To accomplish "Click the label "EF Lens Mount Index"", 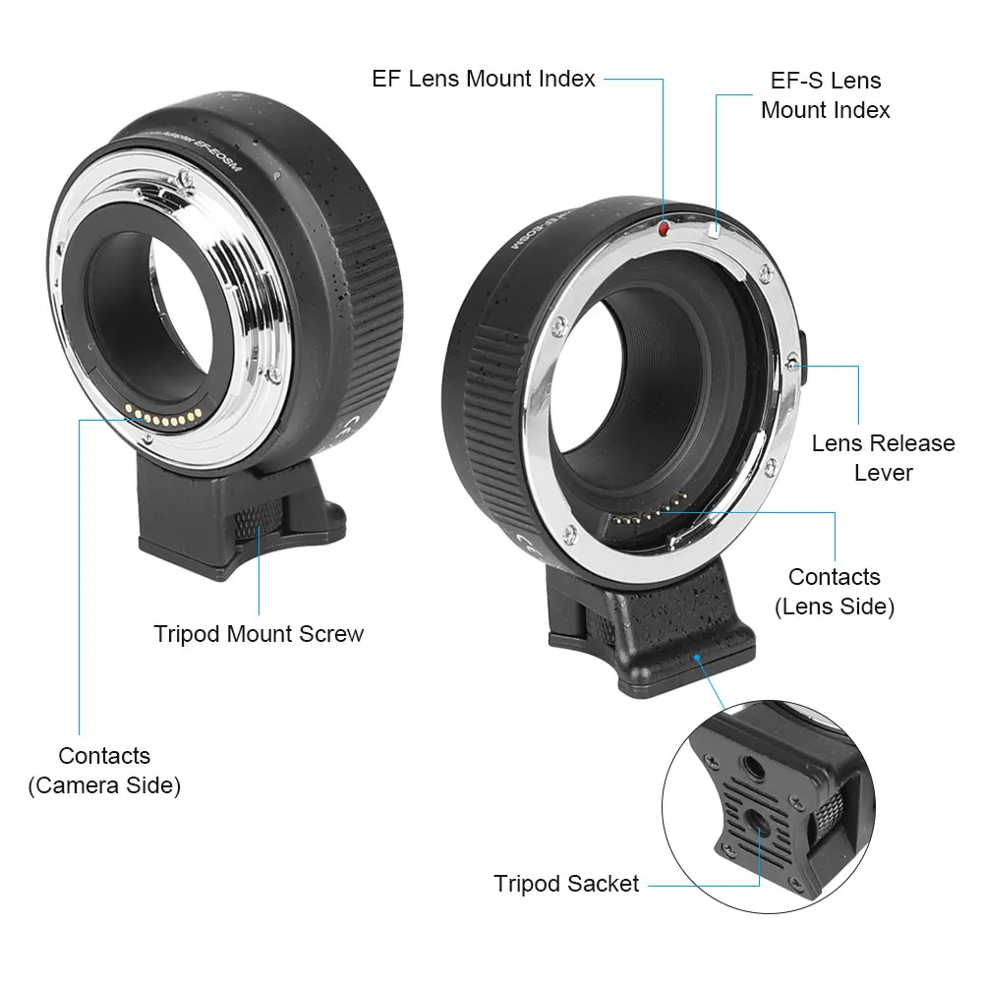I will pyautogui.click(x=484, y=79).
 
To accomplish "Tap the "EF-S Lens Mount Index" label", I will pyautogui.click(x=825, y=94).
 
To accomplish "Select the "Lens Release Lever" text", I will pyautogui.click(x=883, y=457).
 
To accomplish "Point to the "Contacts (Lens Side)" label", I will pyautogui.click(x=834, y=592).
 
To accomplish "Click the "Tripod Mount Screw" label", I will pyautogui.click(x=259, y=634).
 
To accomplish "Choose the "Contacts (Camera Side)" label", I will pyautogui.click(x=104, y=770).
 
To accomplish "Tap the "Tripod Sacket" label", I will pyautogui.click(x=566, y=884).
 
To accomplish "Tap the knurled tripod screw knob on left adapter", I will pyautogui.click(x=258, y=517).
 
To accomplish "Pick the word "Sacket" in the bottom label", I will pyautogui.click(x=603, y=884).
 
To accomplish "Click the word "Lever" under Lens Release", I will pyautogui.click(x=883, y=472).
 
